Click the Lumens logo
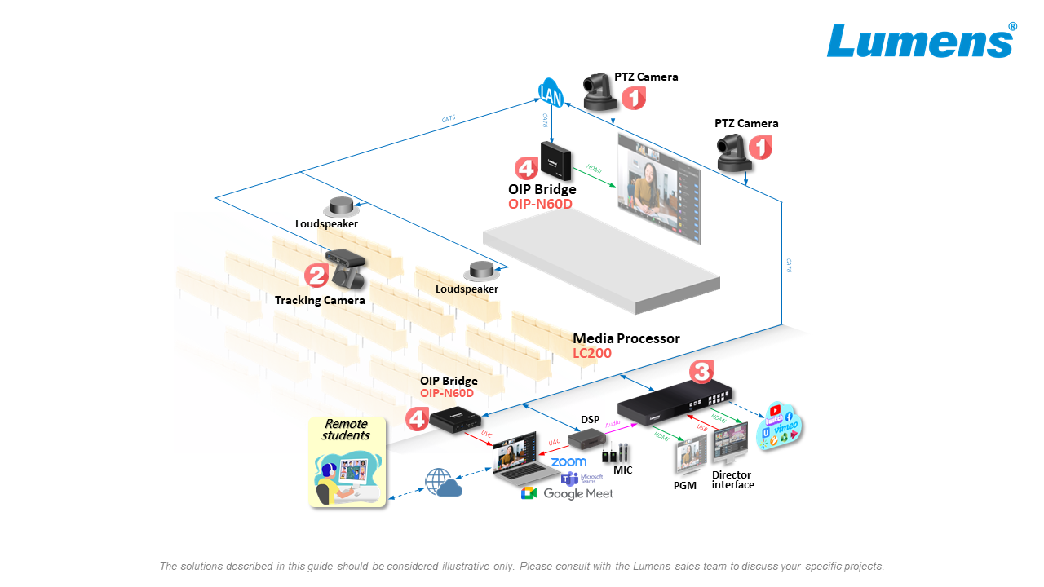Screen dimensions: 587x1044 [921, 40]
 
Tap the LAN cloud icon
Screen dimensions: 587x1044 [551, 93]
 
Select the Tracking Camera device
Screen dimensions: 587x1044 [346, 268]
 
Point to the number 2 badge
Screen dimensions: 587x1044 [316, 276]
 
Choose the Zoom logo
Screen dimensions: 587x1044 [568, 462]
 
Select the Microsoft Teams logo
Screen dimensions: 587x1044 [581, 479]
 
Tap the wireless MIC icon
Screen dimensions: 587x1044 [617, 453]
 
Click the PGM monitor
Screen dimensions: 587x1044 [688, 456]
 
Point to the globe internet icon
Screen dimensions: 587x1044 [438, 479]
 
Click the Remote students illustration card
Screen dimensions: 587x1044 [347, 461]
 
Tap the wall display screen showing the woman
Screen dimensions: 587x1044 [659, 188]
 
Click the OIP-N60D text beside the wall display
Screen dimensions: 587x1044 [540, 204]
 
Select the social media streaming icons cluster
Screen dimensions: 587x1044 [780, 426]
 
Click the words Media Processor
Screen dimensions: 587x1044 [626, 338]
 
